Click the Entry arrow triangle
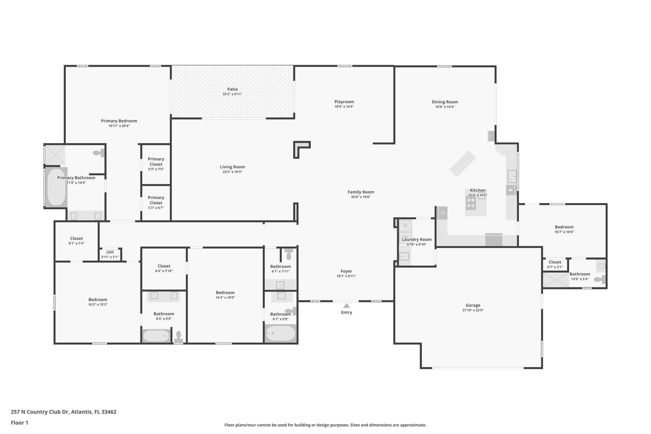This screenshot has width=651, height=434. coord(347,306)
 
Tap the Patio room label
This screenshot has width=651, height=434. coord(232,89)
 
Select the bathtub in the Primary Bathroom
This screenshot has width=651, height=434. coord(56,187)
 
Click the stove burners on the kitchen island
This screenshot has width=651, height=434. coord(470,203)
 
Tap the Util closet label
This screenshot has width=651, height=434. coord(110,252)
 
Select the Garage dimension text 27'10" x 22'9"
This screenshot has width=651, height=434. coord(473,310)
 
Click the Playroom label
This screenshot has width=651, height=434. coord(344,102)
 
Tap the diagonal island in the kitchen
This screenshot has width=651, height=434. coord(462,164)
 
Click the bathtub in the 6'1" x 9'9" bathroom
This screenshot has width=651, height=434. coord(280,334)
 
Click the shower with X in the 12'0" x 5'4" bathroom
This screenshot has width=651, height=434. coord(555,280)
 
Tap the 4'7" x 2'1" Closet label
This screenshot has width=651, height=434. coord(555,262)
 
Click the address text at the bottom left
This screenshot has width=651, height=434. coord(63,412)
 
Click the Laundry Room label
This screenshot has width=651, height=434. coord(417,239)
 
